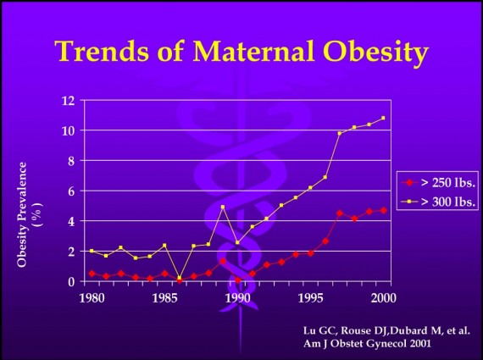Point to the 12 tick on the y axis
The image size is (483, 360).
68,101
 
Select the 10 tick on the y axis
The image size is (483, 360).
68,130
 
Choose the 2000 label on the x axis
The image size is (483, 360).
383,297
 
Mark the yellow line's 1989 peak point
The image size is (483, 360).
222,207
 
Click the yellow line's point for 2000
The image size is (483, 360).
383,118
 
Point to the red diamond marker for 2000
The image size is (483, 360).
383,210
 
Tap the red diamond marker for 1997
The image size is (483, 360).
340,213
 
